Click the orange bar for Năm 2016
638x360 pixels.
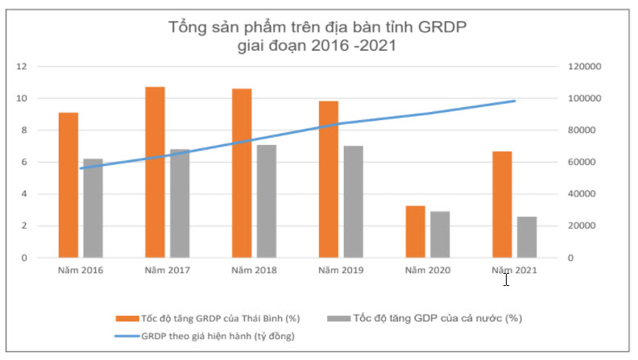click(68, 184)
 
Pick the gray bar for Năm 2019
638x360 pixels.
click(353, 201)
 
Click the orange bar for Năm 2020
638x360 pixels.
click(416, 231)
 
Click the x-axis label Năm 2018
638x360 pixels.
click(254, 270)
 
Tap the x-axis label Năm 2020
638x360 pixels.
click(428, 270)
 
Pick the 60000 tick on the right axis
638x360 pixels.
click(581, 162)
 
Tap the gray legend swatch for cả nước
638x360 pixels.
click(335, 318)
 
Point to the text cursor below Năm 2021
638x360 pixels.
click(506, 279)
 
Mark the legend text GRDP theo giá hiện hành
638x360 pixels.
click(218, 335)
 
